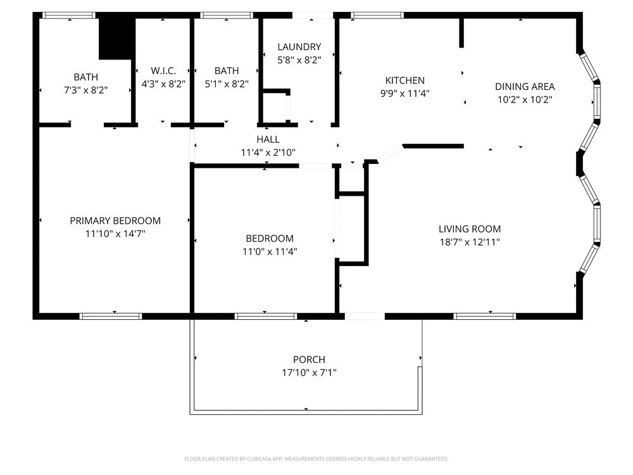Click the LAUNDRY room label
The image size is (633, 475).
299,47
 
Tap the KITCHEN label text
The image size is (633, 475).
405,80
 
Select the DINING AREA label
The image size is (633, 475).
525,87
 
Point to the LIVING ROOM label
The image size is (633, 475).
470,229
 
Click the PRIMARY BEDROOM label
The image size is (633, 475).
115,220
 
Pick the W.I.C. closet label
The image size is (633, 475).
163,71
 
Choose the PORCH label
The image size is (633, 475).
309,360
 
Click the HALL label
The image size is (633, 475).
268,139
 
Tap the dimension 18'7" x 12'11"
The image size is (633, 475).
470,242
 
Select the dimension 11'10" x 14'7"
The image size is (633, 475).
115,234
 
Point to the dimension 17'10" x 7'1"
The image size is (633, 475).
309,373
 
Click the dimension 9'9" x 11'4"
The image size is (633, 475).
405,94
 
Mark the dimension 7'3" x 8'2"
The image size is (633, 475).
85,91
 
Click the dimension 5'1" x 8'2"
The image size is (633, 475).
227,84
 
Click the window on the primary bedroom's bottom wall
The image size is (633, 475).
111,315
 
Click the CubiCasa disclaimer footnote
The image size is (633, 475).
316,459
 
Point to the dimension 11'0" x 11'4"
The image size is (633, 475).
270,251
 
